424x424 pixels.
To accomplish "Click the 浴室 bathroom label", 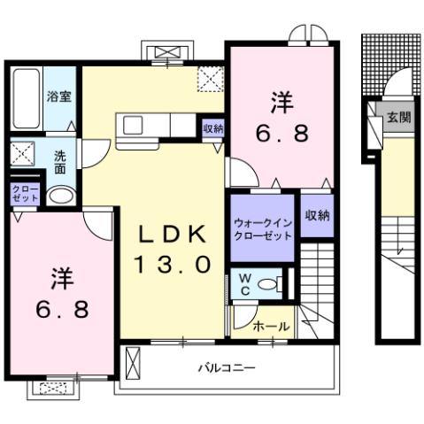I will pyautogui.click(x=59, y=96).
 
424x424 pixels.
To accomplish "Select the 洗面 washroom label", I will pyautogui.click(x=60, y=161).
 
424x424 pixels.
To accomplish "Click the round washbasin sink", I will pyautogui.click(x=59, y=197).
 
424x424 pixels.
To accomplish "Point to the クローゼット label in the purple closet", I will pyautogui.click(x=24, y=194).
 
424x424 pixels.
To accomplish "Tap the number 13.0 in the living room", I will pyautogui.click(x=173, y=263).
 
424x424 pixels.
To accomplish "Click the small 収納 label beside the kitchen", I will pyautogui.click(x=212, y=128).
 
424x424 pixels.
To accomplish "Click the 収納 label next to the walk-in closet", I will pyautogui.click(x=316, y=215).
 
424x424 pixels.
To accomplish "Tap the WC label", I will pyautogui.click(x=244, y=285).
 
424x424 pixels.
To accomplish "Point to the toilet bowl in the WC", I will pyautogui.click(x=277, y=284).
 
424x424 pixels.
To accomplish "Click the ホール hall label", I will pyautogui.click(x=271, y=326).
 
